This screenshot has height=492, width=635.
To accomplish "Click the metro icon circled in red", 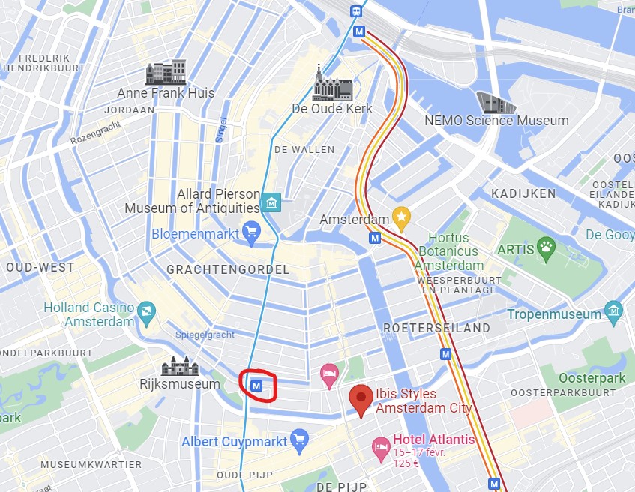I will pyautogui.click(x=257, y=385).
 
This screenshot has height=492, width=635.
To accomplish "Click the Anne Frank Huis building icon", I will pyautogui.click(x=166, y=73).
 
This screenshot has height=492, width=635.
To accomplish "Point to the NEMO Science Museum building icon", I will pyautogui.click(x=496, y=102).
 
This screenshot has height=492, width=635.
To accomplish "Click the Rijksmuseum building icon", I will pyautogui.click(x=180, y=367).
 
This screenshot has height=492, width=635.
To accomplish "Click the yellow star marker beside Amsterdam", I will pyautogui.click(x=401, y=218).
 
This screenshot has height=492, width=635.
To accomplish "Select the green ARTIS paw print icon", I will pyautogui.click(x=547, y=248).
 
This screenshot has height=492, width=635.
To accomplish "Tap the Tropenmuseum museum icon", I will pyautogui.click(x=614, y=310).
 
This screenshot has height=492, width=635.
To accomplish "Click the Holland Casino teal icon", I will pyautogui.click(x=147, y=310).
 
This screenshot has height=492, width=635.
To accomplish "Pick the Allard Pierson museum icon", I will pyautogui.click(x=271, y=202).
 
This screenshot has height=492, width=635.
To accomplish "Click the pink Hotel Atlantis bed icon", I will pyautogui.click(x=381, y=447).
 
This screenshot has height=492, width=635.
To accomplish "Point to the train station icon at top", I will pyautogui.click(x=355, y=10).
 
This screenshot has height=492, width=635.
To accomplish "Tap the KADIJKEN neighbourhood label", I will pyautogui.click(x=523, y=193).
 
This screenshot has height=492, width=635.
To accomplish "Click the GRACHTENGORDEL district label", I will pyautogui.click(x=228, y=268).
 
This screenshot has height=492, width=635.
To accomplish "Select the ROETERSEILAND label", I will pyautogui.click(x=436, y=328).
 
